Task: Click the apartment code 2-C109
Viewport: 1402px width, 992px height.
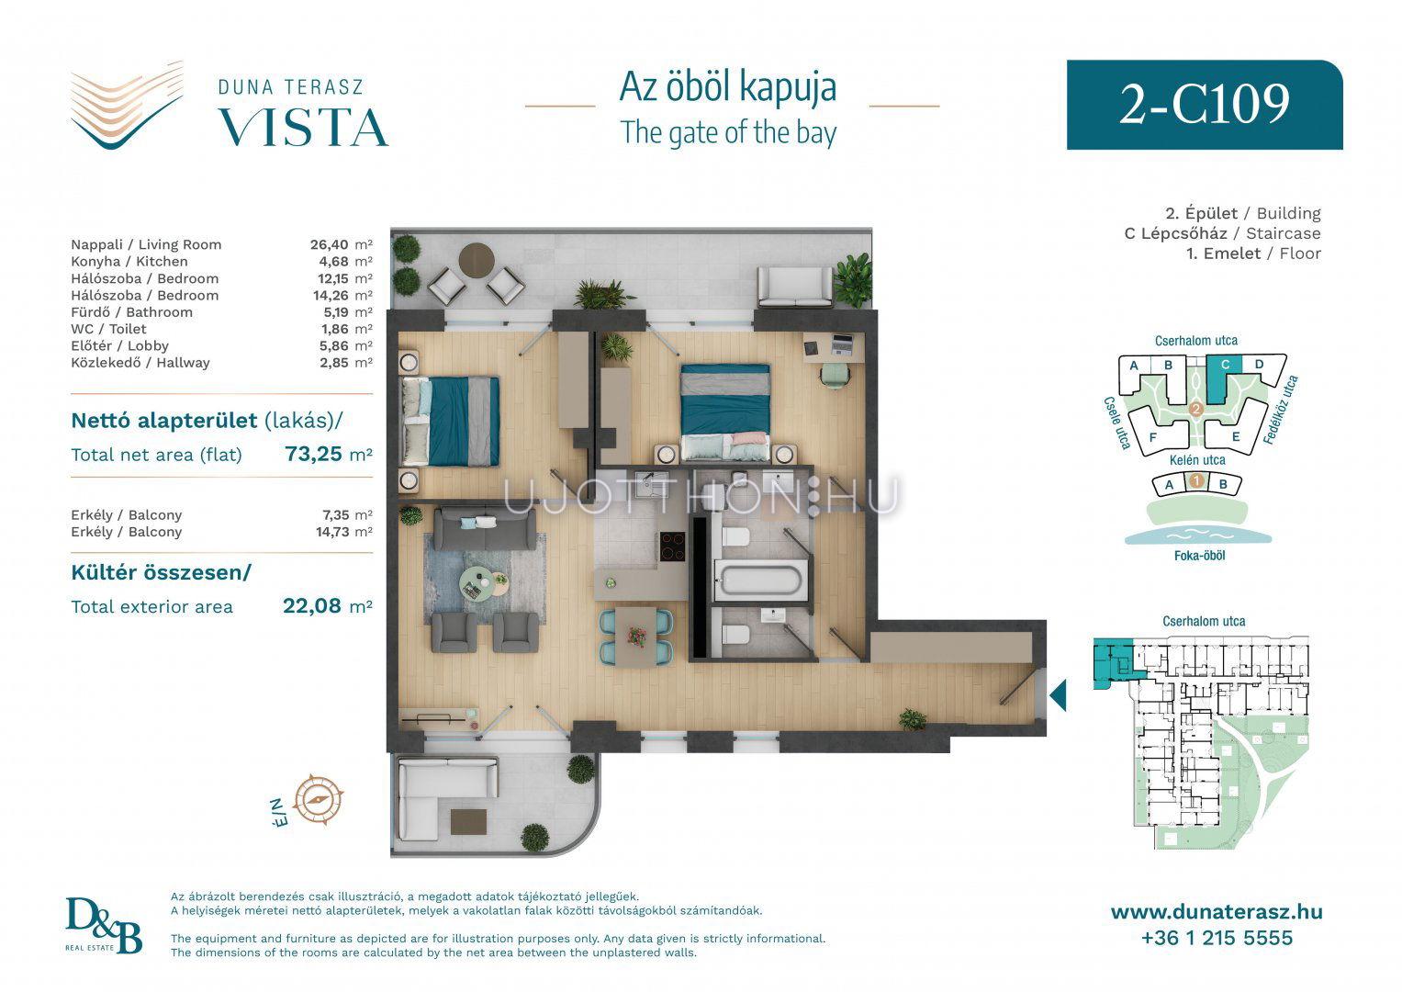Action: click(x=1204, y=104)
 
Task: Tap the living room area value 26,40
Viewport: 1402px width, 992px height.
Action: click(x=330, y=244)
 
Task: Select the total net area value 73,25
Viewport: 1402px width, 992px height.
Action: click(x=314, y=454)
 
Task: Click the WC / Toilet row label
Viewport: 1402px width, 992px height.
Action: click(x=108, y=329)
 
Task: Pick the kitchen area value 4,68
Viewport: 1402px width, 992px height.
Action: click(x=333, y=261)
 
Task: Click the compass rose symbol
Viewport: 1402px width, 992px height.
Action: click(x=319, y=800)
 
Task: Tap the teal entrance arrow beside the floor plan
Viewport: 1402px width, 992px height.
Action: click(x=1058, y=695)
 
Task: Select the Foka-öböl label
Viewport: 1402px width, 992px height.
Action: click(x=1199, y=556)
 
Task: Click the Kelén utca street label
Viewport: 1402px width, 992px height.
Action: click(x=1197, y=459)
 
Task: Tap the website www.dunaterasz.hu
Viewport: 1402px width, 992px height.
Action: click(x=1217, y=912)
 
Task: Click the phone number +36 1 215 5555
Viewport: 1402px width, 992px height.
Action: click(x=1217, y=938)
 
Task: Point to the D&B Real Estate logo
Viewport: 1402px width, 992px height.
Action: click(x=104, y=925)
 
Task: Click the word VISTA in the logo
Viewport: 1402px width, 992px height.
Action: click(x=304, y=128)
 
